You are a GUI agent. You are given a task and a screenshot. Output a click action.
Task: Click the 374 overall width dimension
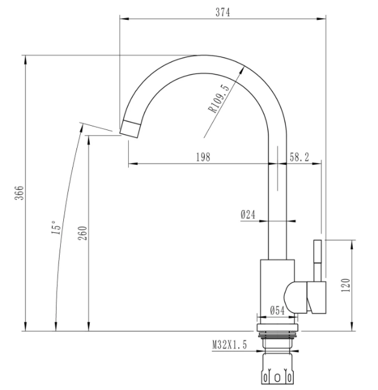point(223,12)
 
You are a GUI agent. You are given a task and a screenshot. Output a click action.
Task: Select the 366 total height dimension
point(19,193)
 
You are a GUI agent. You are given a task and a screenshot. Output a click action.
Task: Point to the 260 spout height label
point(82,233)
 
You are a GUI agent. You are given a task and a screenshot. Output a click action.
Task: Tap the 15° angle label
point(56,227)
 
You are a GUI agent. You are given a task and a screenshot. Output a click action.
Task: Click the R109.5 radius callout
point(218,99)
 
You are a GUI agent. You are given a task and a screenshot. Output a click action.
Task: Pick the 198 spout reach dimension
point(203,157)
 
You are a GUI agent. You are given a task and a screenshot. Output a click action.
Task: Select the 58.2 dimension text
point(299,157)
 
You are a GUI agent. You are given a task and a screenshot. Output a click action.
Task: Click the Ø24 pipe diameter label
point(248,214)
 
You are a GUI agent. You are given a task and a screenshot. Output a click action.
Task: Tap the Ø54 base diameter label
point(277,311)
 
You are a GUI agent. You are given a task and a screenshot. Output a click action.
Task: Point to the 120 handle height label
point(346,285)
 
